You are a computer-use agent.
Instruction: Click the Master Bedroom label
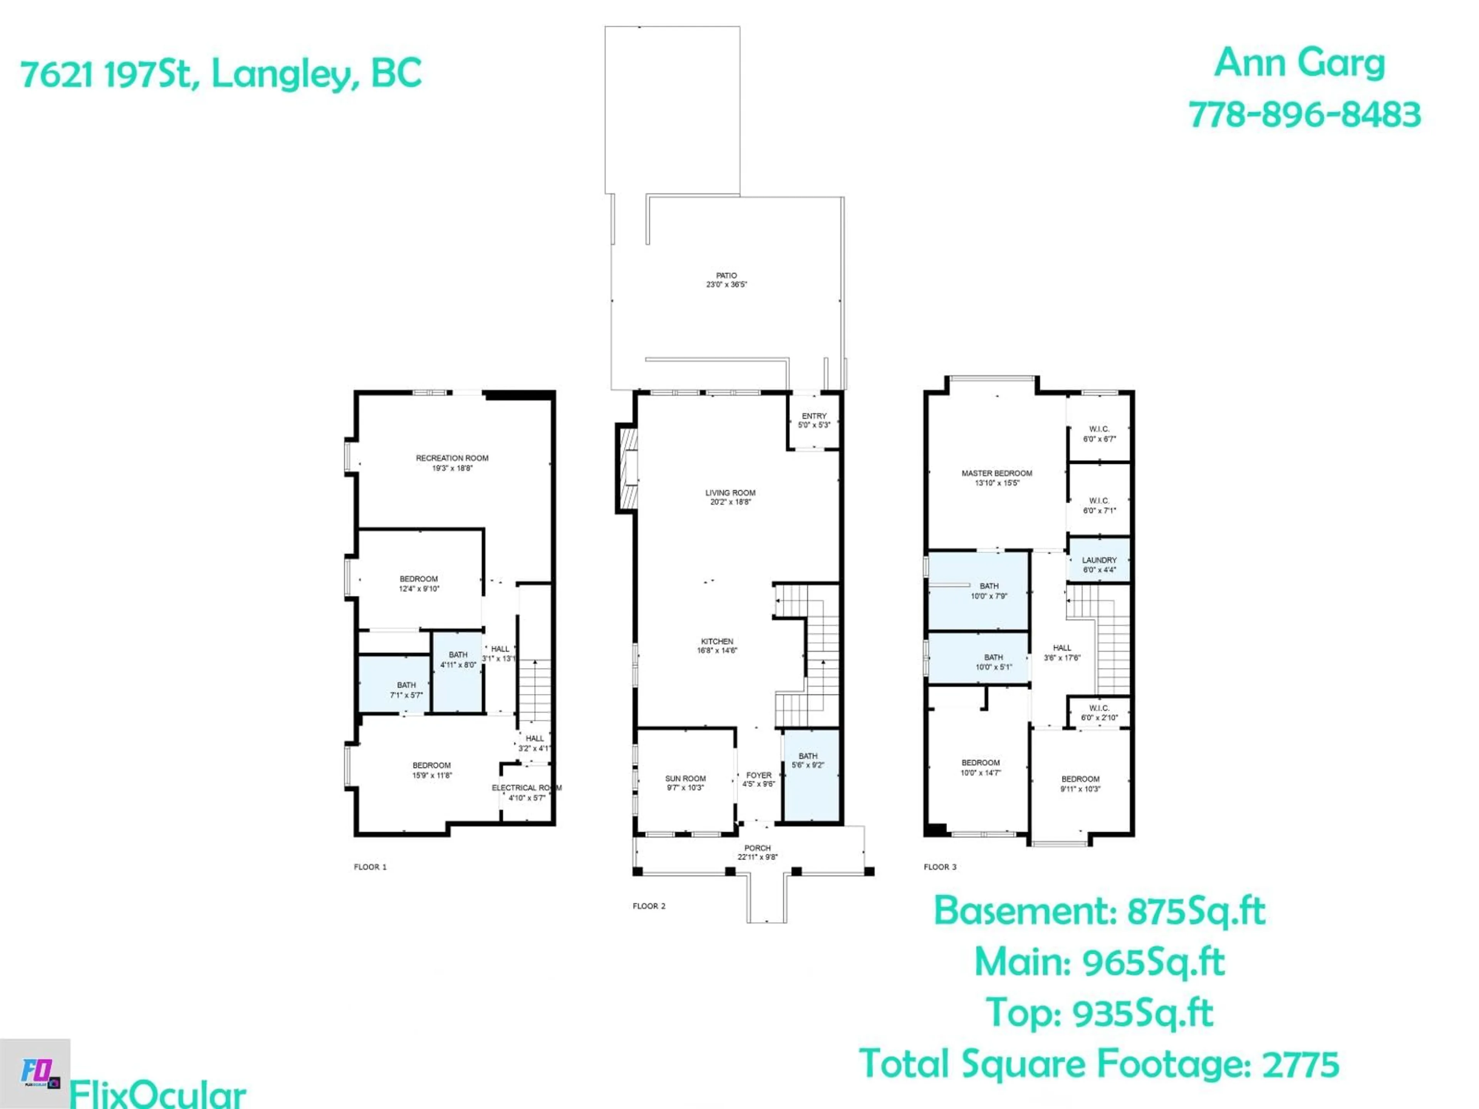(996, 473)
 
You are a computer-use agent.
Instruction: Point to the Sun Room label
(685, 779)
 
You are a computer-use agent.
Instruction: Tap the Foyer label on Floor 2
(758, 776)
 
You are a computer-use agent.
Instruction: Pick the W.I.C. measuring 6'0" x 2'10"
(1098, 713)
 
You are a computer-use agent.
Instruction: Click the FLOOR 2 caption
(649, 906)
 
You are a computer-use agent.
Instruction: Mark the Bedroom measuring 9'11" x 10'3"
(1080, 784)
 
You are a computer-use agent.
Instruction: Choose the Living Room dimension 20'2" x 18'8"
(730, 502)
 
